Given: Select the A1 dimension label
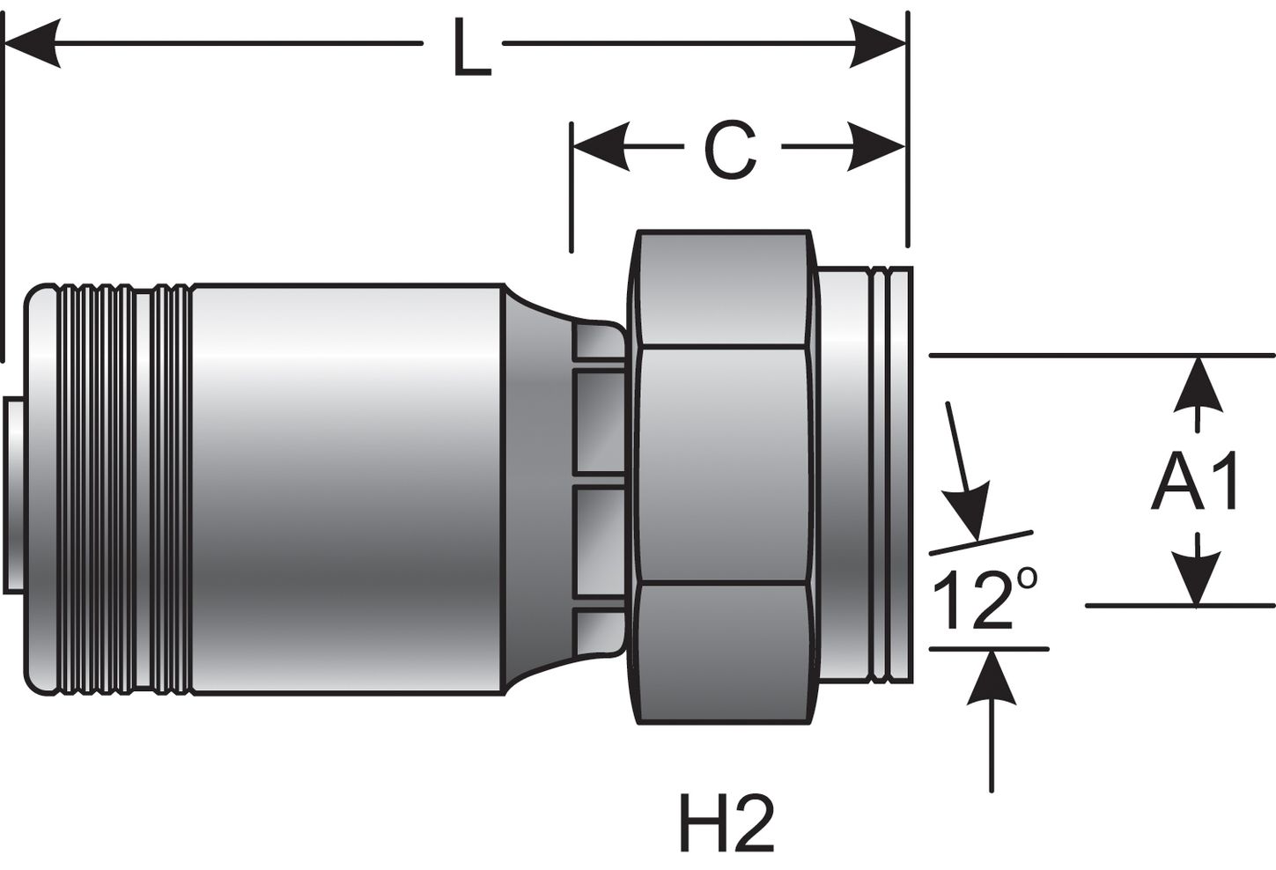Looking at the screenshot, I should [1195, 483].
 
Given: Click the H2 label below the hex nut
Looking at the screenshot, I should [727, 824].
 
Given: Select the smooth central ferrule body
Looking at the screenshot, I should [343, 484].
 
